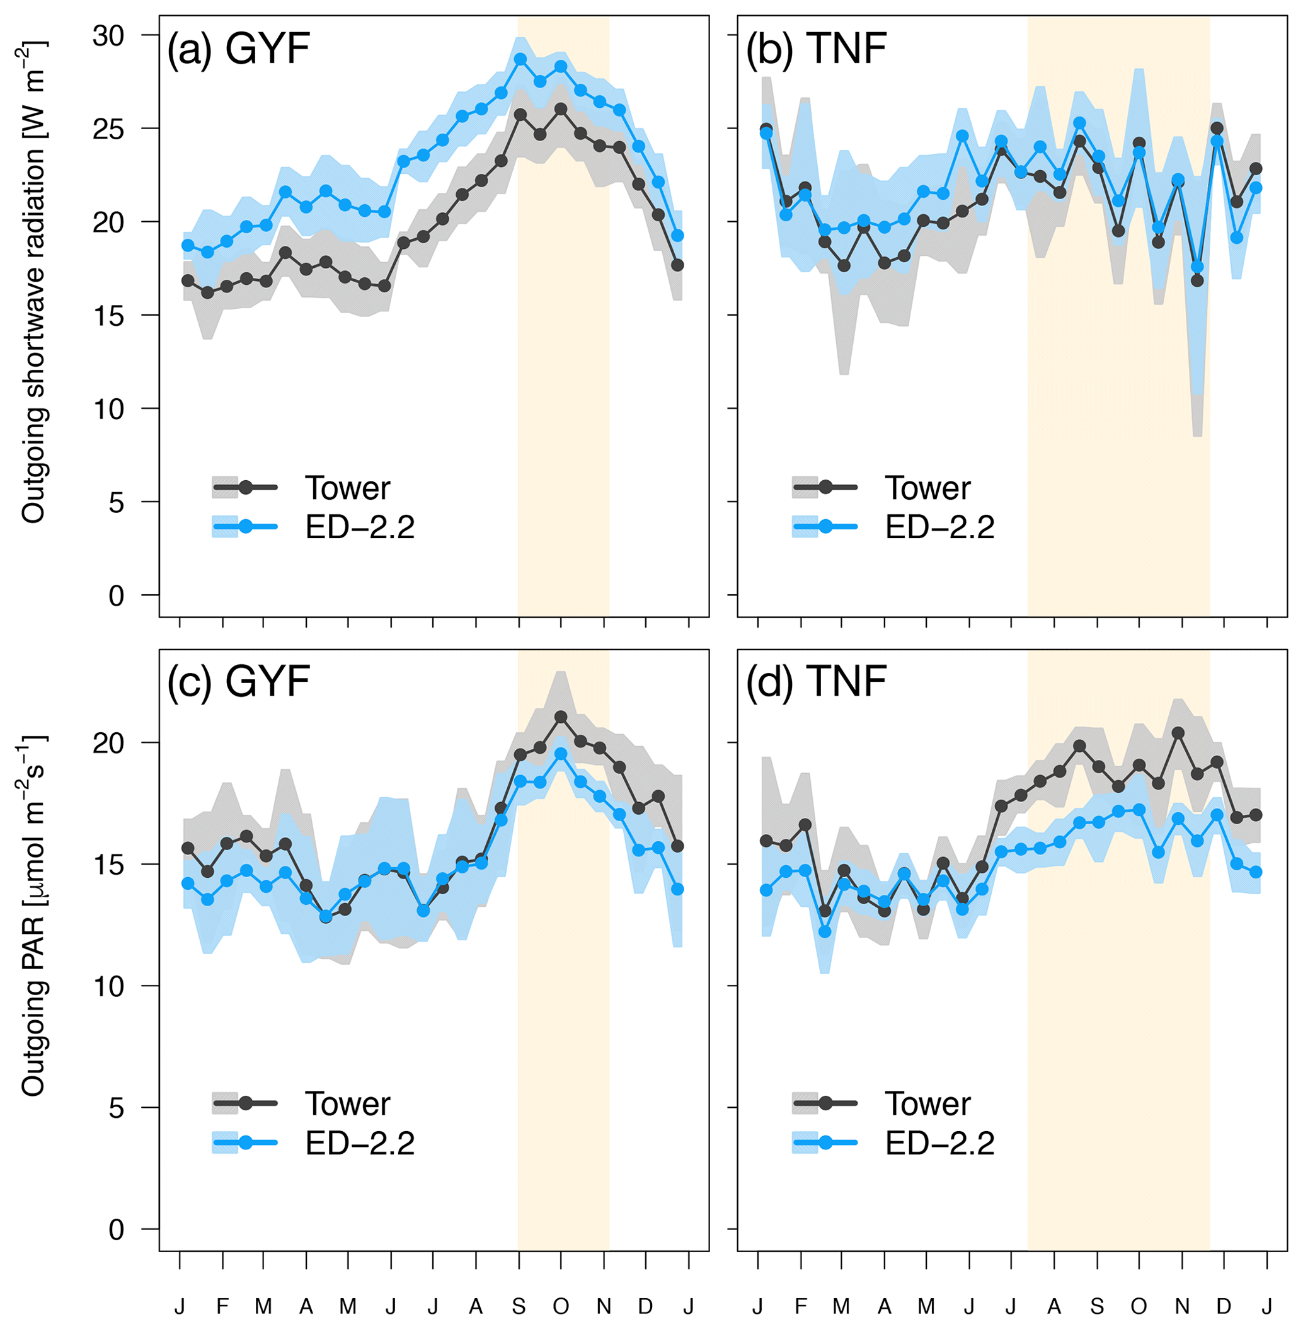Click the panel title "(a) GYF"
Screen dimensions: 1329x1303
(x=239, y=49)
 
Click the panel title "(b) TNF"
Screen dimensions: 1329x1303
(x=817, y=49)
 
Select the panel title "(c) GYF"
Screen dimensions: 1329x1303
(x=239, y=682)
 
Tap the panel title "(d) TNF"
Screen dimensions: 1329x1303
(x=817, y=682)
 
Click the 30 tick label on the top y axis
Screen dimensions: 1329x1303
(x=109, y=35)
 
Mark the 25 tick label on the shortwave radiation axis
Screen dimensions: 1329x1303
(x=109, y=129)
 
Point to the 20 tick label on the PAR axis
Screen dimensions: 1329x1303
(x=109, y=743)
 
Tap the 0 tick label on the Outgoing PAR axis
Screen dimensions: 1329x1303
(x=117, y=1230)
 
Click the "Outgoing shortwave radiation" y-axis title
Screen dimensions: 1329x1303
(x=33, y=282)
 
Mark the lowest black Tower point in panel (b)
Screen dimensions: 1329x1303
(x=1197, y=280)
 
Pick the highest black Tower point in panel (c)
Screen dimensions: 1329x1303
(x=561, y=716)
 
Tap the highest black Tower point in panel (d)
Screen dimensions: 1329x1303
(x=1178, y=733)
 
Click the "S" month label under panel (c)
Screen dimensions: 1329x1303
(x=519, y=1307)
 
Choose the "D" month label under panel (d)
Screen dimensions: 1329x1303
(x=1224, y=1307)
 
